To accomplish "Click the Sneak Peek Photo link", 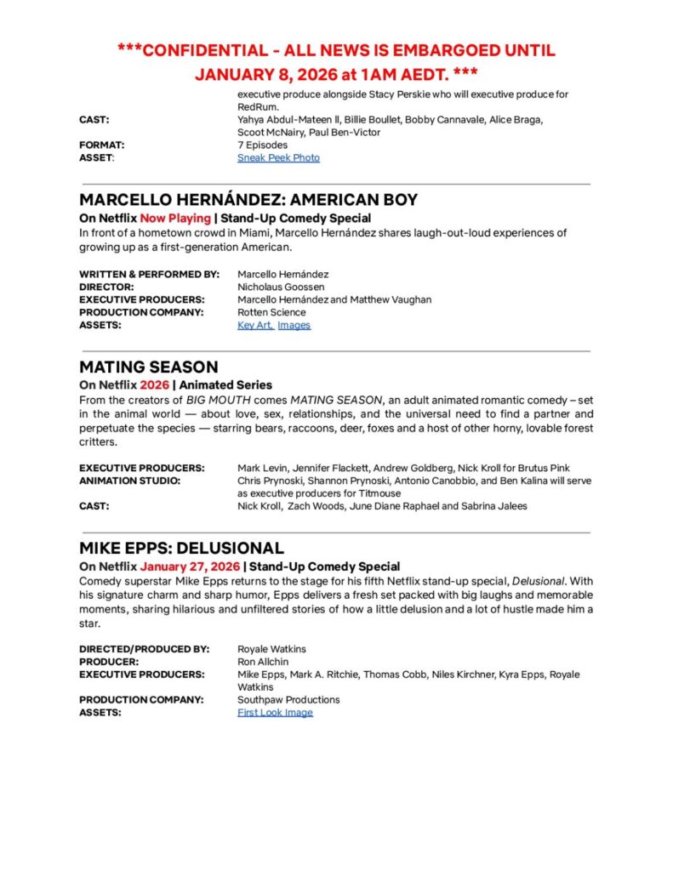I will click(278, 157).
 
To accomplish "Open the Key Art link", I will click(254, 325).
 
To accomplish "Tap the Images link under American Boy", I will click(294, 325).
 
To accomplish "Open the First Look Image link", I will click(275, 712).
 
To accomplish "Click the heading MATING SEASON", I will click(149, 367).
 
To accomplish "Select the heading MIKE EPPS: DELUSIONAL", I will click(181, 548).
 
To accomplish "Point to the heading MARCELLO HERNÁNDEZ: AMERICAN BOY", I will click(248, 200).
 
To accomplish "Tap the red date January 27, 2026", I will click(190, 566).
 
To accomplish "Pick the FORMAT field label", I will click(102, 145).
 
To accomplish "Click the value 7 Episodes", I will click(262, 145).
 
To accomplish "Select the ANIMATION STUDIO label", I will click(130, 481).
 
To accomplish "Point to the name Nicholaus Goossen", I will click(281, 287).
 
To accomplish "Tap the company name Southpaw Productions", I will click(288, 700).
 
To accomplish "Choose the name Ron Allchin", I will click(264, 662).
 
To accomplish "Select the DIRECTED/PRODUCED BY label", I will click(145, 649).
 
